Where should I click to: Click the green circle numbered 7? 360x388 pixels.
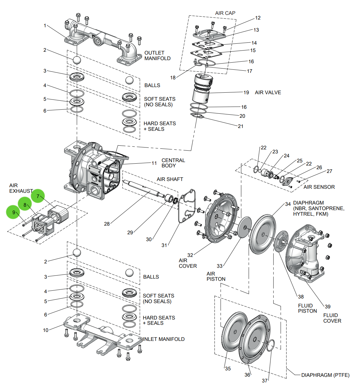pyautogui.click(x=38, y=196)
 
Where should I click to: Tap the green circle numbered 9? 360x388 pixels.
pyautogui.click(x=13, y=212)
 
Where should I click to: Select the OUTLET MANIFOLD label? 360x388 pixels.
pyautogui.click(x=157, y=55)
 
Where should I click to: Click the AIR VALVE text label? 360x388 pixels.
pyautogui.click(x=268, y=92)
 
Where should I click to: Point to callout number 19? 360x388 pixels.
pyautogui.click(x=246, y=92)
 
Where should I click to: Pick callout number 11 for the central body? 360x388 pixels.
pyautogui.click(x=154, y=163)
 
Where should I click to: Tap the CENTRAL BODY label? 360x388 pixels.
pyautogui.click(x=173, y=163)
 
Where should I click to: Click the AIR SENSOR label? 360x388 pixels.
pyautogui.click(x=319, y=187)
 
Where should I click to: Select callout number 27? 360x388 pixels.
pyautogui.click(x=329, y=171)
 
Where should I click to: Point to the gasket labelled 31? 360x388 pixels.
pyautogui.click(x=187, y=206)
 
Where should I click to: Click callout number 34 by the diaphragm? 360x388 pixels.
pyautogui.click(x=288, y=204)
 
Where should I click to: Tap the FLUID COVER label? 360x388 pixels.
pyautogui.click(x=332, y=318)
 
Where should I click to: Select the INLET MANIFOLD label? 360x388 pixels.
pyautogui.click(x=164, y=339)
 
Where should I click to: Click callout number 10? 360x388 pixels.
pyautogui.click(x=46, y=330)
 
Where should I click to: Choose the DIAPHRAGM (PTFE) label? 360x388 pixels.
pyautogui.click(x=325, y=375)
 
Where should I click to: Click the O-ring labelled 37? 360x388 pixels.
pyautogui.click(x=270, y=345)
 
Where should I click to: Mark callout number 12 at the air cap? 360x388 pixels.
pyautogui.click(x=258, y=18)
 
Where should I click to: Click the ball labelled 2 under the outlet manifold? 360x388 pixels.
pyautogui.click(x=77, y=60)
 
